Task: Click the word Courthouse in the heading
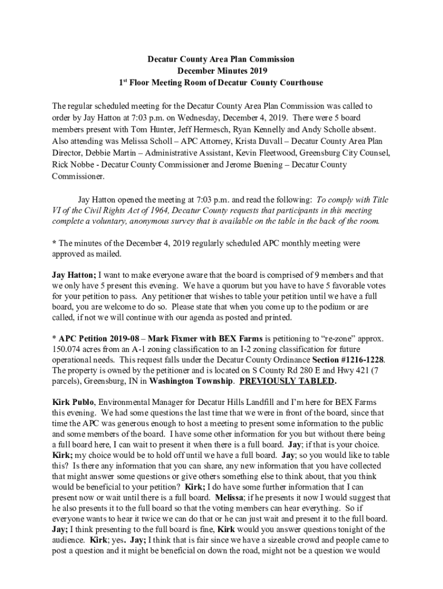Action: tap(297, 83)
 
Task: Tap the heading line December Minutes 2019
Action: tap(221, 71)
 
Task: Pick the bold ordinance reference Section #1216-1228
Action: tap(347, 359)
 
